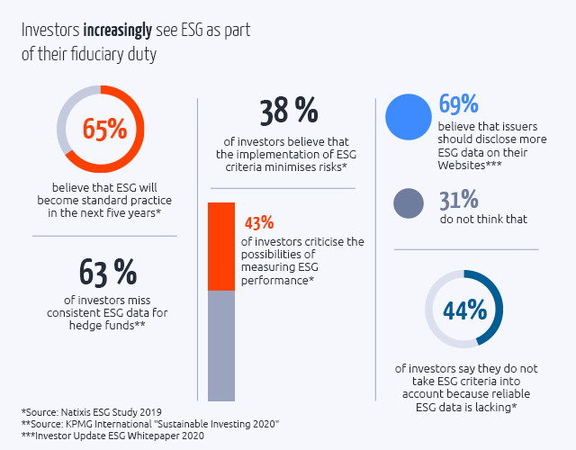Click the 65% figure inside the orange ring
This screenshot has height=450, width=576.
[104, 129]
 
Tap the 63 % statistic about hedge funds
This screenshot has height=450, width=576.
[108, 271]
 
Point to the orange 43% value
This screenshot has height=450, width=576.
[259, 222]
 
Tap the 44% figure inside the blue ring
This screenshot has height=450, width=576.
[464, 310]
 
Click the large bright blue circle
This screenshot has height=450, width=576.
[409, 120]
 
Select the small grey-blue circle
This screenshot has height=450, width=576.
[409, 204]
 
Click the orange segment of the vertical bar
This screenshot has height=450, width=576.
[221, 246]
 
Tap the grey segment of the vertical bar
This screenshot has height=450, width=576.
[221, 346]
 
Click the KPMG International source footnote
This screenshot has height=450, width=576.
[150, 423]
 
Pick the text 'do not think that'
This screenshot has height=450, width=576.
[482, 219]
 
